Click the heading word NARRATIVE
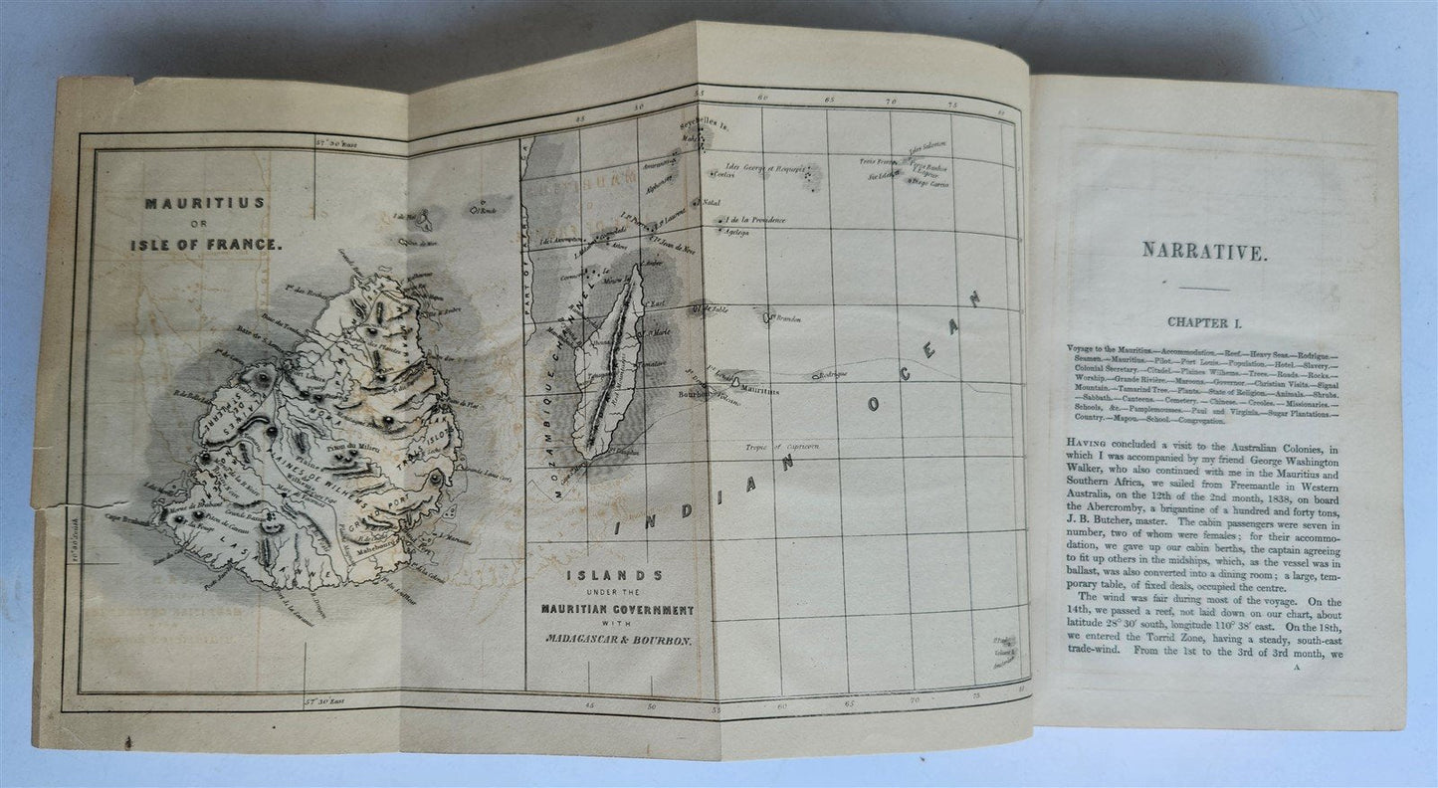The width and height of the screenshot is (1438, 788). click(1210, 254)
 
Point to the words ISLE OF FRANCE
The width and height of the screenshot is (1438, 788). click(206, 243)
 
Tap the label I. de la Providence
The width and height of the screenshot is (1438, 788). click(757, 220)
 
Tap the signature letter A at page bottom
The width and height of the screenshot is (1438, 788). click(1299, 670)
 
